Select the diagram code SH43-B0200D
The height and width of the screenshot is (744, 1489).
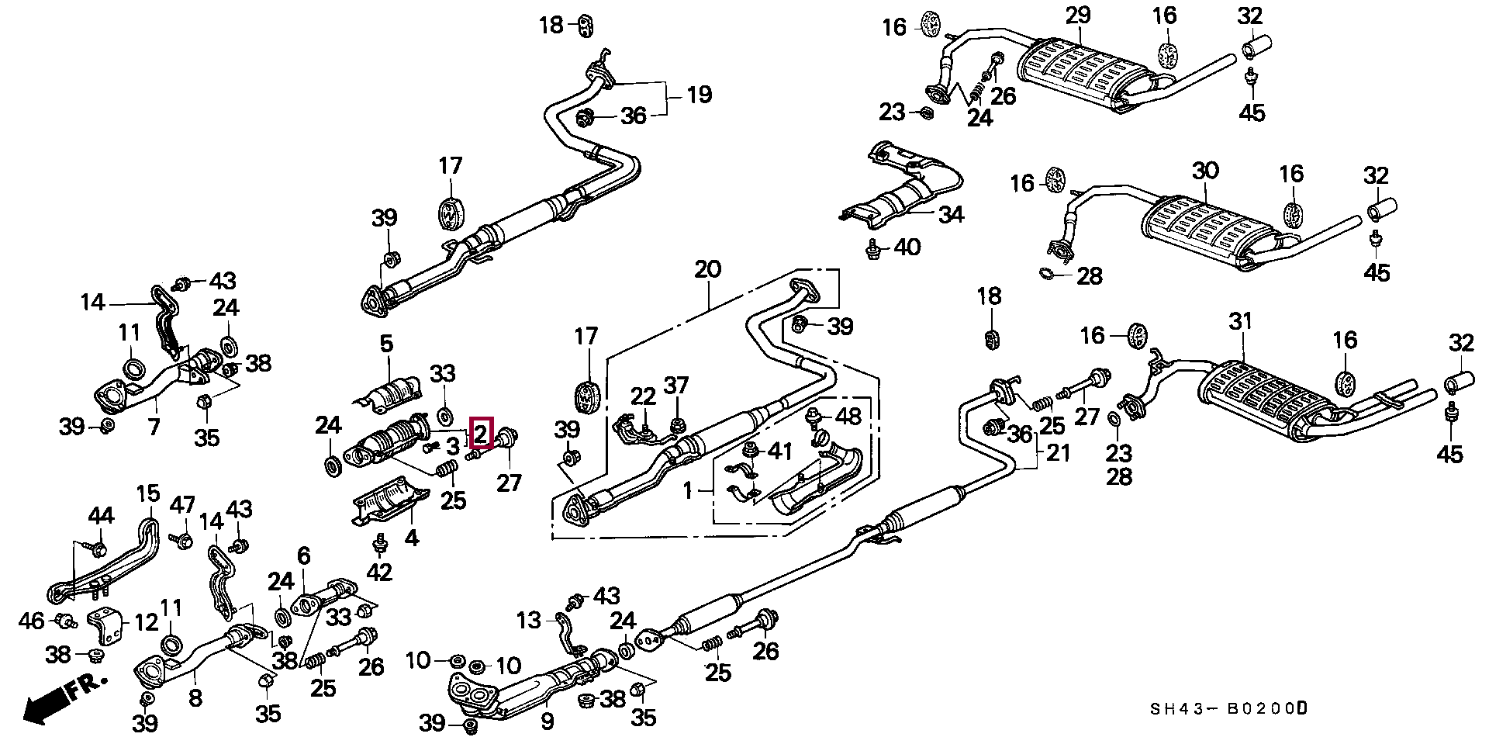[1228, 708]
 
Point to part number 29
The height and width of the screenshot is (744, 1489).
[1077, 16]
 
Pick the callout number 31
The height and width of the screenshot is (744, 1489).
[1241, 321]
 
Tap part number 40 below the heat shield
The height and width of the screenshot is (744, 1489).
[907, 247]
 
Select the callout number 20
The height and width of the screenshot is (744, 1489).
[707, 270]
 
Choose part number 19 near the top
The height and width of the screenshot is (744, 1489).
[699, 95]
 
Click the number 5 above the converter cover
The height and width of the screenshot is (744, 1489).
[386, 343]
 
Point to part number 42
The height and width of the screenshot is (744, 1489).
[379, 573]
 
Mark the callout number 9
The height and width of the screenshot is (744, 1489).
[548, 722]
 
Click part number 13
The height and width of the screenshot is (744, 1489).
[529, 621]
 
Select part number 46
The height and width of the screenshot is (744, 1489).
[32, 621]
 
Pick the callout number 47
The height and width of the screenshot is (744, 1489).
[182, 506]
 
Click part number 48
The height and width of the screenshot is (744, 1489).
[848, 417]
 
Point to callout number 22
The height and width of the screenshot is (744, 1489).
[643, 397]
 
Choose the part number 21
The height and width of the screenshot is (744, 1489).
[1059, 452]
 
